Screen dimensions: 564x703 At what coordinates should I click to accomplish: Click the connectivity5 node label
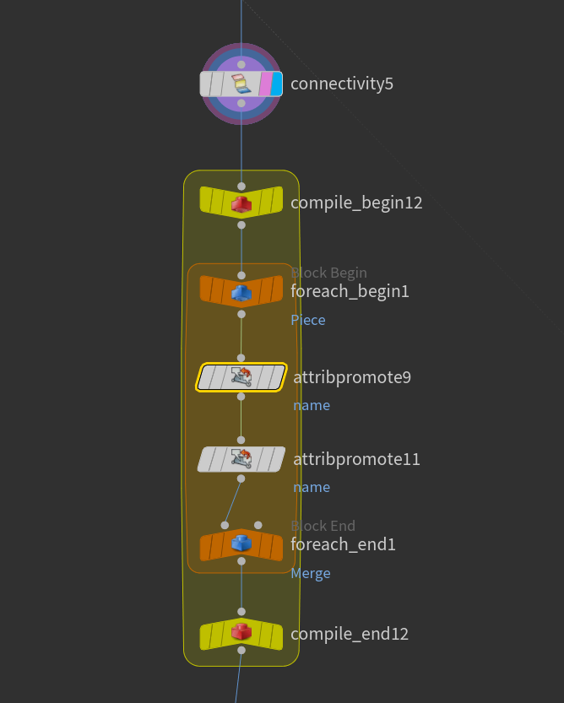click(342, 84)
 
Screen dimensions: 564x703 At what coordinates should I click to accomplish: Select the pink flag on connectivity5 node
click(266, 84)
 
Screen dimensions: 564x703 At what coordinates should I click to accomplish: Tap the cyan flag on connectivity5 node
click(276, 84)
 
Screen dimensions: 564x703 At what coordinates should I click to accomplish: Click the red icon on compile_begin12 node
click(241, 204)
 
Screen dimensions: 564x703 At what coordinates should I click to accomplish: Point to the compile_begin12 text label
click(356, 203)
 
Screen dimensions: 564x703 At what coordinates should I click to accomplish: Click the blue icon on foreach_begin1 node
click(241, 293)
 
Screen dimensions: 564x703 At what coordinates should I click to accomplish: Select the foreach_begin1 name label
click(350, 291)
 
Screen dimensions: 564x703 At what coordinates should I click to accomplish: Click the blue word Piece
click(308, 320)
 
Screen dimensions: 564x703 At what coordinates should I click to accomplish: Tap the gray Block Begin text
click(329, 273)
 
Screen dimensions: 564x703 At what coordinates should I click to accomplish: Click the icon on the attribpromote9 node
click(241, 377)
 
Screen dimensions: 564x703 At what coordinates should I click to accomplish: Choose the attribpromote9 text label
click(352, 377)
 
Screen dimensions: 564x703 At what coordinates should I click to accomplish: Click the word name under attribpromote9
click(312, 405)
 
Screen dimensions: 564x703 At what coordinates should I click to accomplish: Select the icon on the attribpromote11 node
click(241, 459)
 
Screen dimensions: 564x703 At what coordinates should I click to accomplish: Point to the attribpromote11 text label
click(356, 460)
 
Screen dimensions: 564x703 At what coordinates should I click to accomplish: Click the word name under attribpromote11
click(312, 487)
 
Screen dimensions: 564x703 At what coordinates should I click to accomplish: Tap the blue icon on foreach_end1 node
click(241, 543)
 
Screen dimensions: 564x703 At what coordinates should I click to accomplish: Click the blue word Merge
click(311, 573)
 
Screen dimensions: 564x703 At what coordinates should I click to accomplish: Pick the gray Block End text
click(323, 526)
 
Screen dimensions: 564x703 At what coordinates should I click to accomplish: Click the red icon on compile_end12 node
click(241, 632)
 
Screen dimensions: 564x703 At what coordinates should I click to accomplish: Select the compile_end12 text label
click(350, 634)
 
